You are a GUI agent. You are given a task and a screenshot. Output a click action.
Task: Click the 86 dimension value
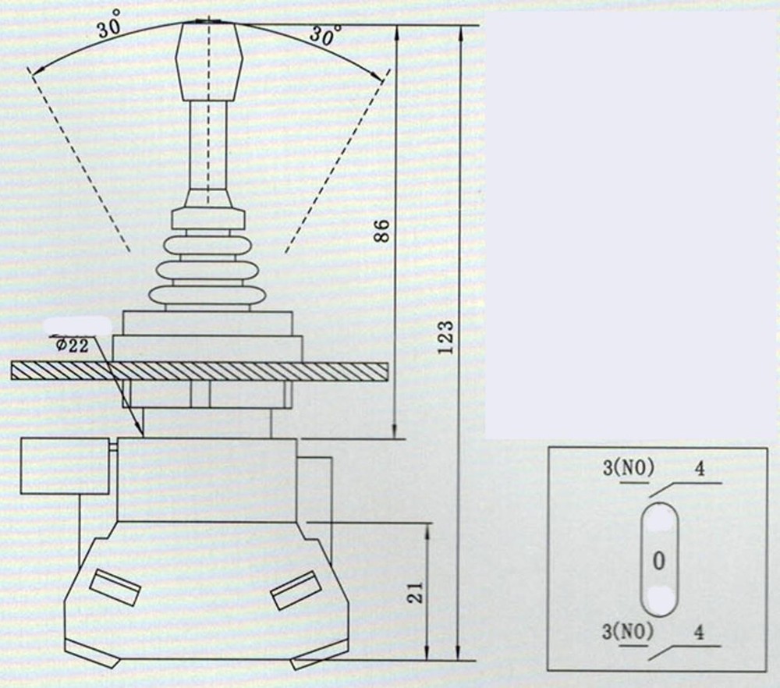click(381, 231)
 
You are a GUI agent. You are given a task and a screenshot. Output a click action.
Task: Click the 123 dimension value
click(446, 337)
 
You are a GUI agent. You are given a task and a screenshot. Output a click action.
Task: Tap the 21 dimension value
click(415, 592)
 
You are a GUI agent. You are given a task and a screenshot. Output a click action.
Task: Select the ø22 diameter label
click(72, 346)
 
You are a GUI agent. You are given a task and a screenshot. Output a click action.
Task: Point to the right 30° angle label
click(325, 35)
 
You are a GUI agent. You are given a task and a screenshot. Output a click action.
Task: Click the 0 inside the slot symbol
click(659, 560)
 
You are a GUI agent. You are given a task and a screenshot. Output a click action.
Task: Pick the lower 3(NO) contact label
click(627, 632)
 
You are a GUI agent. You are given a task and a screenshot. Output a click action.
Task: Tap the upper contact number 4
click(700, 470)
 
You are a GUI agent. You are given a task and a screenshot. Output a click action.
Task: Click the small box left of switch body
click(64, 466)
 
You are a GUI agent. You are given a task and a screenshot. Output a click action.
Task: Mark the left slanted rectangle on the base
click(115, 587)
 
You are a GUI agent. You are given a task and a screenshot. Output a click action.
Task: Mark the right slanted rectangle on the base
click(296, 590)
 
